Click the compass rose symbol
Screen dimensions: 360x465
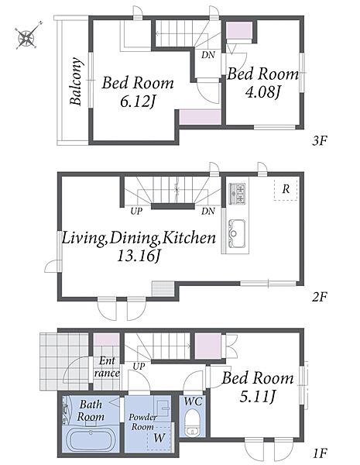[27, 36]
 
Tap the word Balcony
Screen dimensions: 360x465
[76, 81]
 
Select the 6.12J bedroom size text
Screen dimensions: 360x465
[138, 102]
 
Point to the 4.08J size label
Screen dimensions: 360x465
[262, 91]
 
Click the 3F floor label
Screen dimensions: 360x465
[319, 140]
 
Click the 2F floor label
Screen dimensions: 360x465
[319, 297]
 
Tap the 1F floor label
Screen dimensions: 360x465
[320, 453]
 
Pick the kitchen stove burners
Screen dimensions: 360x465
[237, 194]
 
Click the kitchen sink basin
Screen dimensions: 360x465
[237, 233]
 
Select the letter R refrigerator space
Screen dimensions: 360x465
[286, 189]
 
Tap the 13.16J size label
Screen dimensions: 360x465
[139, 256]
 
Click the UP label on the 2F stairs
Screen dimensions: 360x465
[136, 211]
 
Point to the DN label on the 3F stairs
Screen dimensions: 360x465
[208, 55]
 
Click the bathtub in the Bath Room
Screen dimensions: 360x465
[90, 439]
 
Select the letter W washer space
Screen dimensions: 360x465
[159, 438]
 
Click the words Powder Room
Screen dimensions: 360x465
[142, 422]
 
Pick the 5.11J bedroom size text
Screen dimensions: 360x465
[258, 396]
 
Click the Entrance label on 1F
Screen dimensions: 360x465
[107, 367]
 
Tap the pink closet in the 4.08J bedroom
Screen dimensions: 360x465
[239, 30]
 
